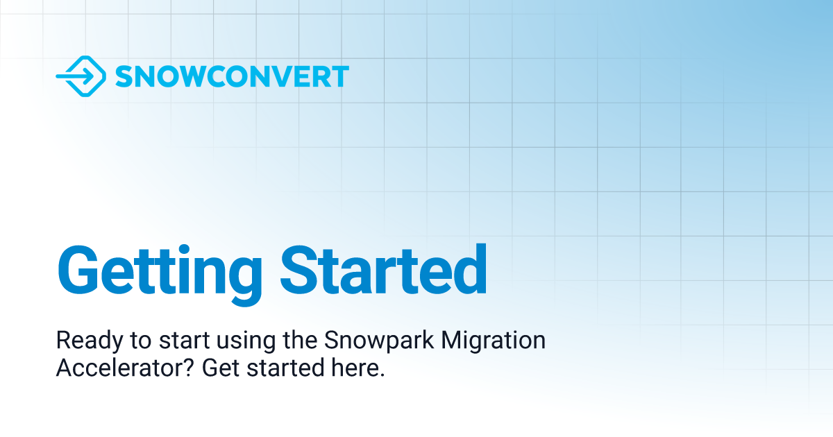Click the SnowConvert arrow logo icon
[x=81, y=76]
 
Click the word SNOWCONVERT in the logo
[x=232, y=76]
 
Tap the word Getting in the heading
[x=160, y=275]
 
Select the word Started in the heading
[x=383, y=270]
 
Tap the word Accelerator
[x=121, y=368]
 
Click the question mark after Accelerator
[x=190, y=367]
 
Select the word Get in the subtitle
[x=221, y=368]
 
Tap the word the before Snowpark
[x=300, y=340]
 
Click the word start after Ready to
[x=184, y=341]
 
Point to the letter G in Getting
[x=78, y=270]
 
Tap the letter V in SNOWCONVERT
[x=283, y=76]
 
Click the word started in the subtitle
[x=285, y=368]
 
